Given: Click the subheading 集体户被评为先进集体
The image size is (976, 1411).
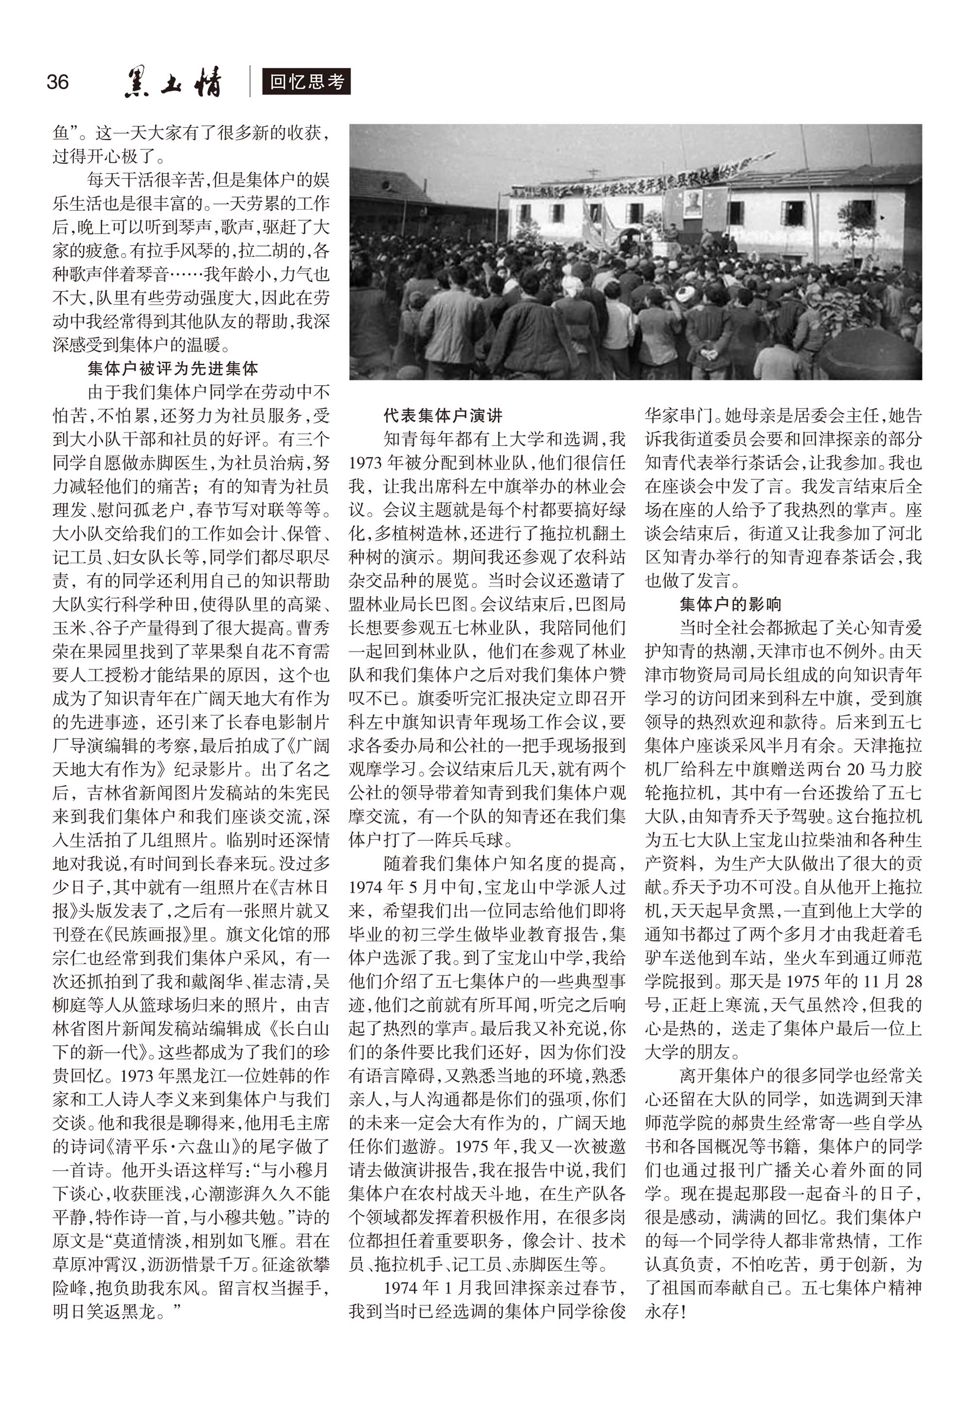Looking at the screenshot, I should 173,369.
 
